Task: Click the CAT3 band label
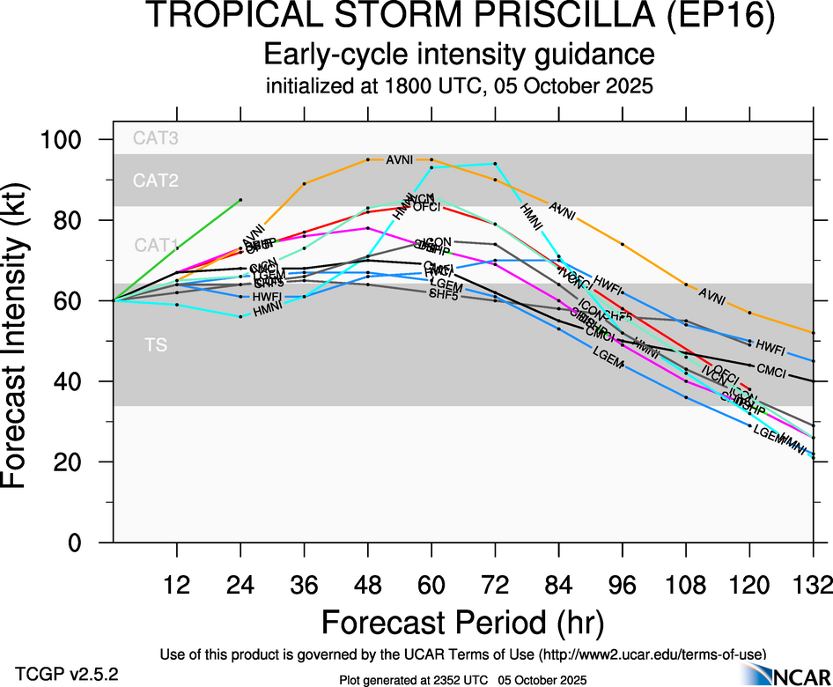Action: click(156, 137)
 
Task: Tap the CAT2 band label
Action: click(156, 181)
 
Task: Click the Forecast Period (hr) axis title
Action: click(462, 623)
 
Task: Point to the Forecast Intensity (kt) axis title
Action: click(26, 340)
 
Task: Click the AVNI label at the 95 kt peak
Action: click(400, 160)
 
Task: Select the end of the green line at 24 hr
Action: click(240, 200)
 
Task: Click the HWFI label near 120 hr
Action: click(770, 347)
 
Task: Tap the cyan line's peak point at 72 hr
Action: click(496, 164)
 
